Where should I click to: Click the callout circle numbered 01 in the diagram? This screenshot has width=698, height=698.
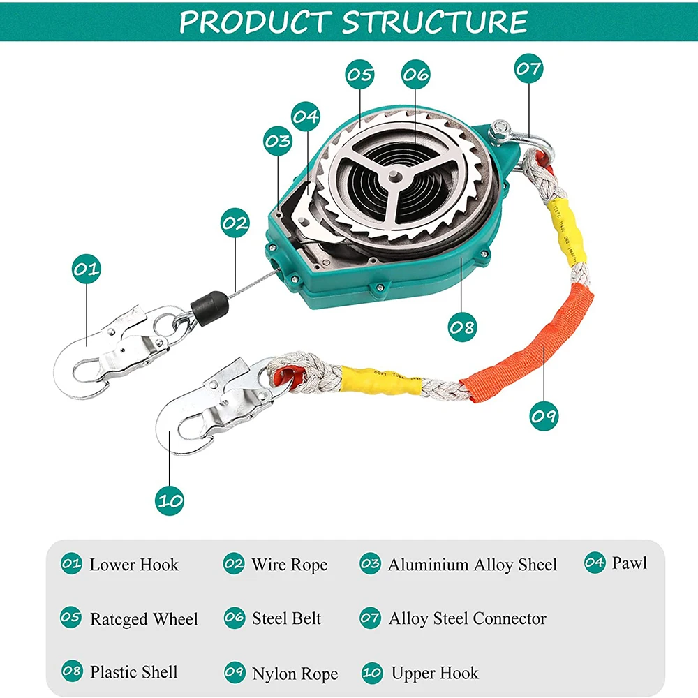point(87,269)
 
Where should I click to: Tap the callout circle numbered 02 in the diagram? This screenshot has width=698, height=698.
point(235,223)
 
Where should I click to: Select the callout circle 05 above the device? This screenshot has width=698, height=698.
point(359,75)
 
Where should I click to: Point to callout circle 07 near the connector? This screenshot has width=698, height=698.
point(528,69)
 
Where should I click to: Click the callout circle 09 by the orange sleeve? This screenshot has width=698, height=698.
point(543,417)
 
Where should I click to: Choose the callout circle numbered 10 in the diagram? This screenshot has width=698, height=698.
point(170,500)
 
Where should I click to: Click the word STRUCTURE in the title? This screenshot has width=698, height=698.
point(434,22)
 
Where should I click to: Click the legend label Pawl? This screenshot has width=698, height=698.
point(629,563)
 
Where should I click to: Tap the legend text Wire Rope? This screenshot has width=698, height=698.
point(289,565)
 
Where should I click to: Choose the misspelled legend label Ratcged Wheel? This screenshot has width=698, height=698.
point(144,619)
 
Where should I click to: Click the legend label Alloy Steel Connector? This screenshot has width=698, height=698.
point(467,618)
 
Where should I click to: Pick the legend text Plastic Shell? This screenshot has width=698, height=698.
point(133,672)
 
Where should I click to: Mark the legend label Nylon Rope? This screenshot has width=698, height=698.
point(295,674)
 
